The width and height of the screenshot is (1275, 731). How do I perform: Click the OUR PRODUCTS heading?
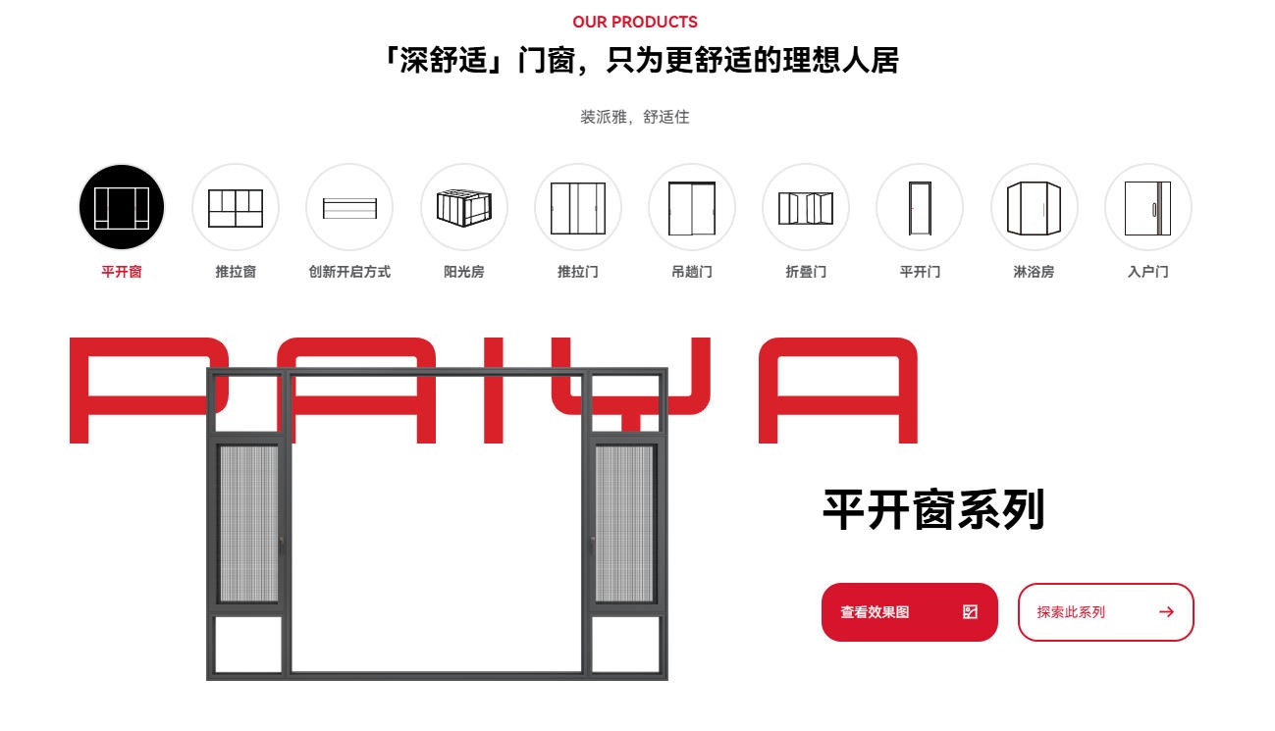635,22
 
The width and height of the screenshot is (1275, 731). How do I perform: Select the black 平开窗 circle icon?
122,207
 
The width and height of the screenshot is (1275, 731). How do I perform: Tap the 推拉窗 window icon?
236,207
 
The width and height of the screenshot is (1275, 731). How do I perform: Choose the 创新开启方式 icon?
349,207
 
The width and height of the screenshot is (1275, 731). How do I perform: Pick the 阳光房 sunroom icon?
464,207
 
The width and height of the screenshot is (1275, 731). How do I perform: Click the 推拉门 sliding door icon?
578,207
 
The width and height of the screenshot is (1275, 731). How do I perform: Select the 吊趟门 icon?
692,207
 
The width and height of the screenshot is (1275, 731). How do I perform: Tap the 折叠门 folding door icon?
806,207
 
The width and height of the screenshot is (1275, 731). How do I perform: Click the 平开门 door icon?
920,207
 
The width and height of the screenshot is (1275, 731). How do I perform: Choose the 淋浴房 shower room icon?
1034,207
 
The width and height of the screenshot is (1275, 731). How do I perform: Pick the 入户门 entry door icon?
1148,207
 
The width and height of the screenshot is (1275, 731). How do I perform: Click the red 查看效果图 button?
909,612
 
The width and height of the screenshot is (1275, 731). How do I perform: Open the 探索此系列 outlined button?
1105,612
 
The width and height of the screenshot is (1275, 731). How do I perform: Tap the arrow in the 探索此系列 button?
1166,612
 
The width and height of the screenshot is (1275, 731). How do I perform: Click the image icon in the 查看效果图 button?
970,612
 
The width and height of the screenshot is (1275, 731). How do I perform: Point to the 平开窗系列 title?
933,509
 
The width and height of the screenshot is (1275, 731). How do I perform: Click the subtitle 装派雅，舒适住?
635,117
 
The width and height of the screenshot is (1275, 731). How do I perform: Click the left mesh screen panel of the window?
248,523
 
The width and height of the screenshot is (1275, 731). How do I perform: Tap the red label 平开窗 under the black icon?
122,272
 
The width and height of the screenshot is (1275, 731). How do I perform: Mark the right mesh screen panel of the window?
624,523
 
